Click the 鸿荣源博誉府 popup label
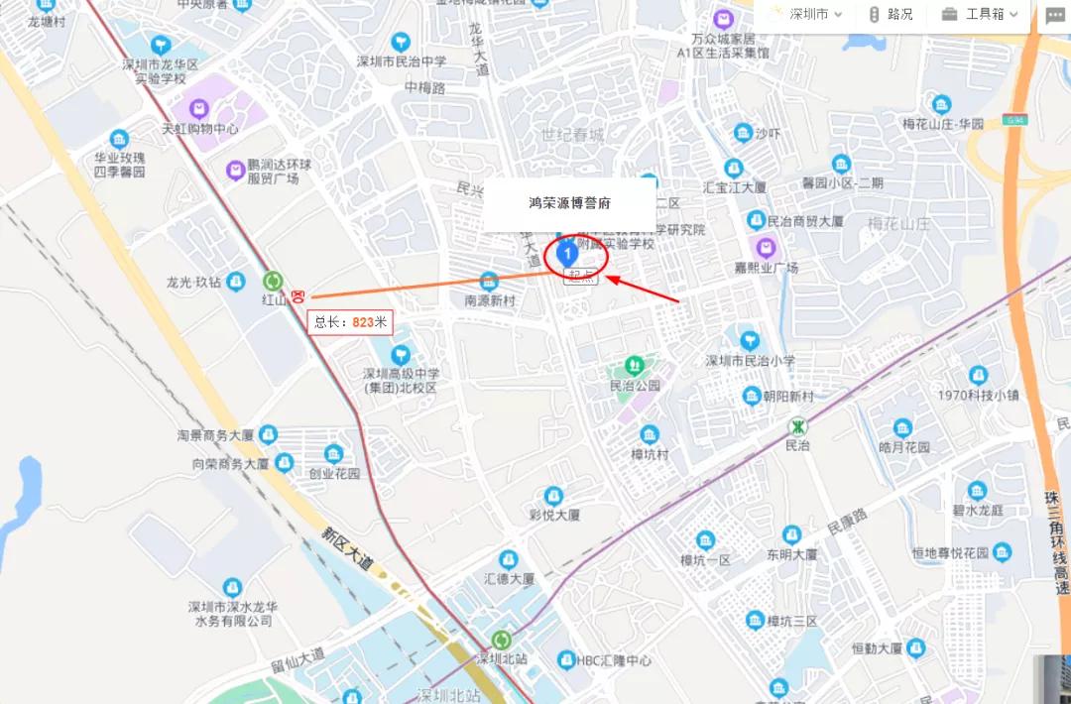[x=569, y=203]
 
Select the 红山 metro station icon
[x=273, y=282]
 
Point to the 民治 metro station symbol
[x=797, y=426]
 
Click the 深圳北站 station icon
[x=503, y=640]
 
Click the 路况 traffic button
[x=891, y=14]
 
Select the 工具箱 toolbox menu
[x=980, y=14]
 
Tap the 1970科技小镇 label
[x=979, y=395]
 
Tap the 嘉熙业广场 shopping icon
[x=765, y=247]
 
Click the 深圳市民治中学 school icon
[x=401, y=42]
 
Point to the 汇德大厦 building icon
[x=509, y=559]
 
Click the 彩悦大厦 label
[x=554, y=515]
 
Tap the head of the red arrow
[x=607, y=279]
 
